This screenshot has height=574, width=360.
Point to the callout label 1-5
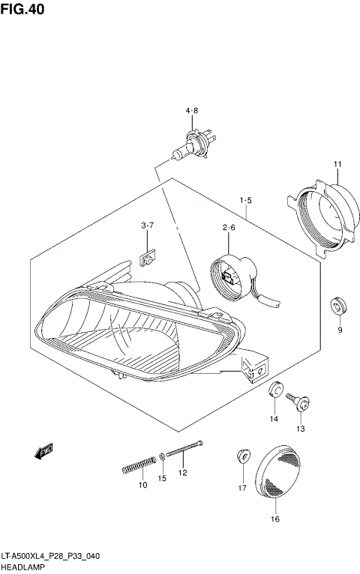(x=245, y=201)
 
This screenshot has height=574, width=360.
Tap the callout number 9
(x=339, y=330)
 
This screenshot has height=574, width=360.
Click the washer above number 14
(x=275, y=390)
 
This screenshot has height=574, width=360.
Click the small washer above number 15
(x=163, y=456)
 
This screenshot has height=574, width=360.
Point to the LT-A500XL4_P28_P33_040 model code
(x=50, y=557)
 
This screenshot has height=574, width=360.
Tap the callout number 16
(x=274, y=519)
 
